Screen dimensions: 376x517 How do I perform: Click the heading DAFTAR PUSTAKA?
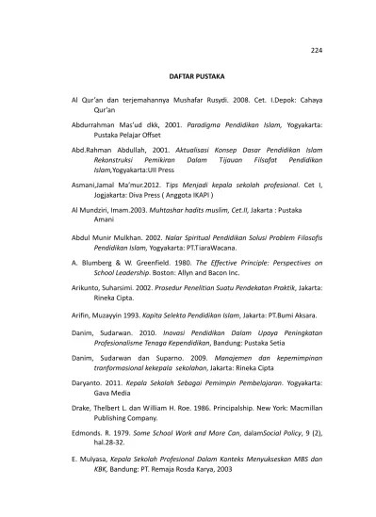coord(187,73)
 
